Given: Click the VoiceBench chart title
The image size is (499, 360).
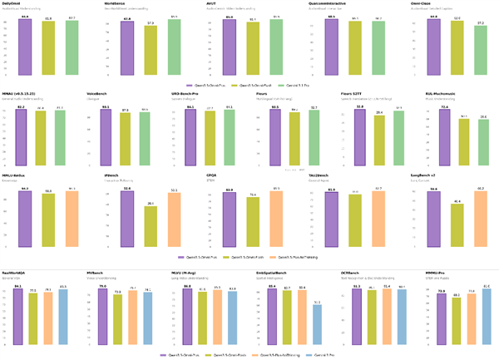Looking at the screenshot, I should [98, 94].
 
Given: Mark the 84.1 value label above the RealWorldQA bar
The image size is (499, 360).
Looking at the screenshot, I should [18, 286].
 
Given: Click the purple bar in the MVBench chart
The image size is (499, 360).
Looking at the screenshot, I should [103, 316].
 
